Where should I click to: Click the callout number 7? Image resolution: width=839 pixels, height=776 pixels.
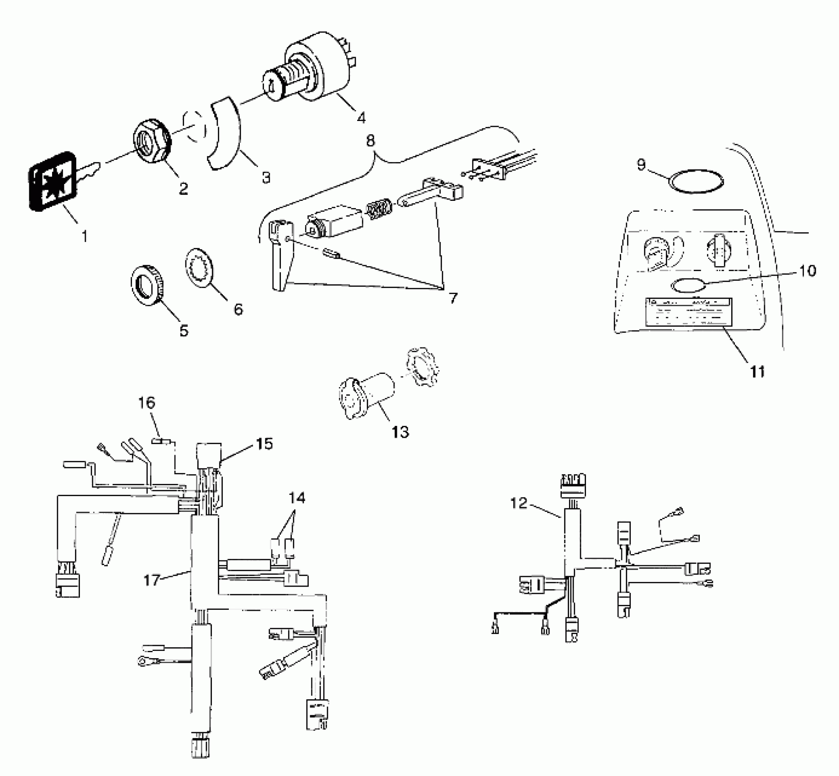(x=452, y=299)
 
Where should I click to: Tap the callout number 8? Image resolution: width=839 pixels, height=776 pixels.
(x=370, y=141)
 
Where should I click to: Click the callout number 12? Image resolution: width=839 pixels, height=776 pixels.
(x=519, y=503)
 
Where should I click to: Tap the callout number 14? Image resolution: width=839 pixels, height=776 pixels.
(x=297, y=498)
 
